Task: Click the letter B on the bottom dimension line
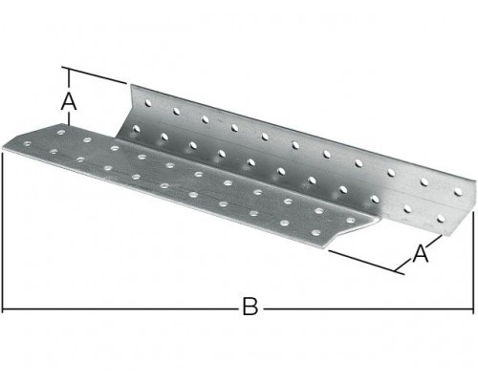250,306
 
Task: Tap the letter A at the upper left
69,101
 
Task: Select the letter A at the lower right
421,253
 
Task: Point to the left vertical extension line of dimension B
3,232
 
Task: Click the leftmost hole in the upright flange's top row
148,102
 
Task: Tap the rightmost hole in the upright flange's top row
458,192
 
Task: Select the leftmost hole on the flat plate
27,144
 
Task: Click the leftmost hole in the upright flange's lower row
136,129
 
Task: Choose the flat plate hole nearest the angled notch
351,220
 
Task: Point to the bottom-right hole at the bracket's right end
441,219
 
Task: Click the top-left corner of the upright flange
131,85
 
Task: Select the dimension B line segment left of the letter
120,308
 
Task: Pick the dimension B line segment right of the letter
368,308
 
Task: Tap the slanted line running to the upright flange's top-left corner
98,75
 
